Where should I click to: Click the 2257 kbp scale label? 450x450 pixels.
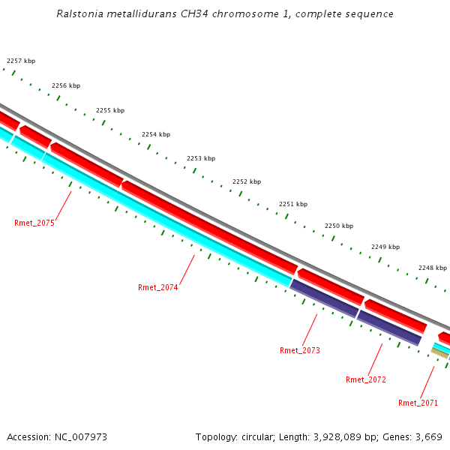click(x=21, y=61)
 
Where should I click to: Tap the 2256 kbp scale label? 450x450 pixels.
click(x=66, y=85)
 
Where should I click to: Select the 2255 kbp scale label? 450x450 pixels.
click(x=110, y=110)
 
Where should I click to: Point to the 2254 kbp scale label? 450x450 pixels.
click(x=156, y=134)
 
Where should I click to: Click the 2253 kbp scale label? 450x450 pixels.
click(x=201, y=158)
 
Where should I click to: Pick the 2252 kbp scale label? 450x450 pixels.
click(x=247, y=181)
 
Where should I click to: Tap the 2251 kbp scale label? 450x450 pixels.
click(x=293, y=204)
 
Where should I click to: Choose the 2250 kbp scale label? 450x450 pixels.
click(x=339, y=226)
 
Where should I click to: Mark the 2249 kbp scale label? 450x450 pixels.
click(x=385, y=247)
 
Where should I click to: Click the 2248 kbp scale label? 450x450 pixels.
click(x=433, y=268)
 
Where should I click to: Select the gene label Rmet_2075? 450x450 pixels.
click(x=34, y=223)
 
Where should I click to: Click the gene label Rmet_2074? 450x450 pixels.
click(x=158, y=287)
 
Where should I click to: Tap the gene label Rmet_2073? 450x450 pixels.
click(x=300, y=350)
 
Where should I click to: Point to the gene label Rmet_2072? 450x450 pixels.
click(x=366, y=379)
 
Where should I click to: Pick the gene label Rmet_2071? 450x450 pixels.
click(x=418, y=403)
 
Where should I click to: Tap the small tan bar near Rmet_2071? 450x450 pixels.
click(x=439, y=353)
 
